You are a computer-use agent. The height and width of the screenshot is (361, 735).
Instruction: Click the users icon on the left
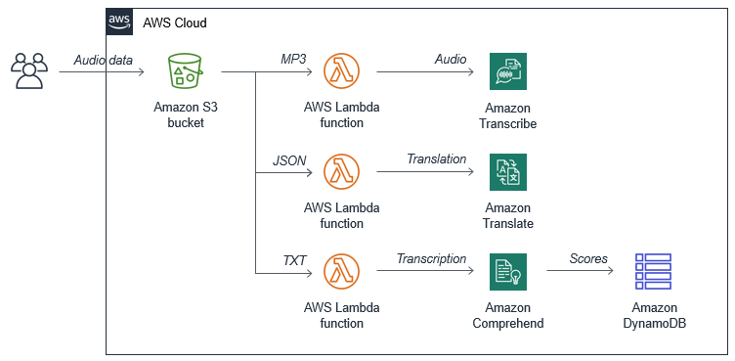[27, 71]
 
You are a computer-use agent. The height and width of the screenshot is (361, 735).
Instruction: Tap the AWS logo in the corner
[119, 23]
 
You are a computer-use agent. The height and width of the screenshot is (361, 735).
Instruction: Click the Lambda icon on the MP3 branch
[342, 71]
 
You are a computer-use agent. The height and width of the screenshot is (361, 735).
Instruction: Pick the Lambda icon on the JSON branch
[342, 172]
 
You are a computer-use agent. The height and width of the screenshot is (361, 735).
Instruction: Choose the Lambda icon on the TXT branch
[342, 272]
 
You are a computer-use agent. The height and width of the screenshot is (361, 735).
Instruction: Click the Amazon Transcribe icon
[508, 71]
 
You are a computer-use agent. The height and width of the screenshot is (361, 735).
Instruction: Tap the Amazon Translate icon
[508, 172]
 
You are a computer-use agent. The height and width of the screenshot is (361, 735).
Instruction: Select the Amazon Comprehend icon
[508, 272]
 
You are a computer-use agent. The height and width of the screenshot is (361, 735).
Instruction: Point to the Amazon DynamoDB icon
[653, 272]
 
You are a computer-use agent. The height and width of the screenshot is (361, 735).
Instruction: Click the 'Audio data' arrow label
[103, 60]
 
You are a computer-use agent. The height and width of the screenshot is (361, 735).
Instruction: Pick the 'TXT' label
[294, 259]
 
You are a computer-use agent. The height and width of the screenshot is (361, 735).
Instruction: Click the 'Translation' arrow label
[436, 159]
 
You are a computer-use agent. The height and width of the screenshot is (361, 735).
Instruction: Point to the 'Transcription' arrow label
[431, 259]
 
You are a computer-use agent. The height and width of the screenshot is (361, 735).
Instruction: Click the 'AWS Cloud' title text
[175, 23]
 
